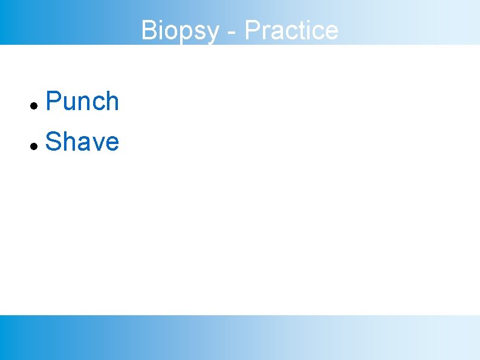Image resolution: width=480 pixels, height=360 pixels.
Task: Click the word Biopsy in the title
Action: pos(180,30)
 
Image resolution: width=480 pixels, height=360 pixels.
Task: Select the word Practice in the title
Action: pos(291,30)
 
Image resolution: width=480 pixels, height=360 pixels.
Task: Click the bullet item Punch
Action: pos(82,102)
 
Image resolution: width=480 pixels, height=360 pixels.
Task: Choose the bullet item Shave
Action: pos(82,142)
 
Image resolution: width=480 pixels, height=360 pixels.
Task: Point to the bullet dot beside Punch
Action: pos(35,106)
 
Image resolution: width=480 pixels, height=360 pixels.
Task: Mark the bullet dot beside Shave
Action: pos(35,146)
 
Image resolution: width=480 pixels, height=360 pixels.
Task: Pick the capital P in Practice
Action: pos(253,30)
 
